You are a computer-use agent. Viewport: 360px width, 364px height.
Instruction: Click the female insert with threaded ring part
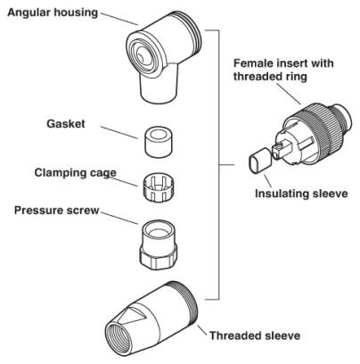point(307,139)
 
